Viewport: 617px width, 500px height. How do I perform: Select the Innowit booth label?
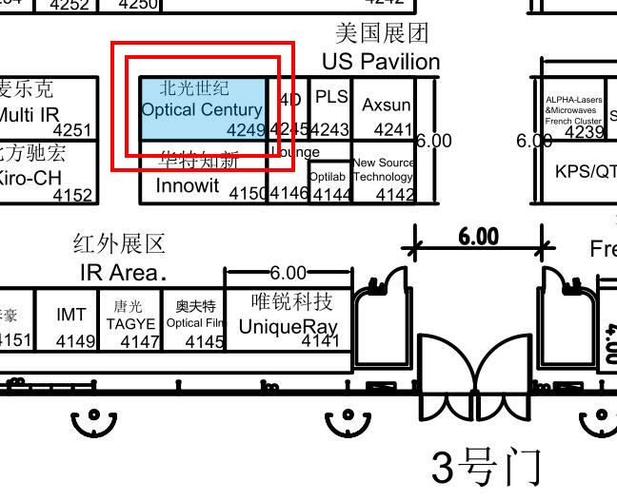[x=187, y=185]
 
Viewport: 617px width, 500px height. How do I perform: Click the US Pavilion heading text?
[x=381, y=62]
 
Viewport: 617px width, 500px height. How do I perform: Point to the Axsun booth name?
[x=387, y=105]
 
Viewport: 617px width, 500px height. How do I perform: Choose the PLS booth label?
[x=331, y=97]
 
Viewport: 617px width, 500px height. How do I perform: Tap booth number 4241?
[x=393, y=130]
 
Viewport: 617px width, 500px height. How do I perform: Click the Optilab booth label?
[x=328, y=177]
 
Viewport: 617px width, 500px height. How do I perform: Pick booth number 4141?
[x=320, y=339]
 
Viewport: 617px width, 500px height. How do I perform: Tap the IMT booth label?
[x=70, y=315]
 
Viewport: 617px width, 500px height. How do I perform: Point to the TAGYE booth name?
[x=130, y=323]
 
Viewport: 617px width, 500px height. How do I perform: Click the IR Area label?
[x=118, y=273]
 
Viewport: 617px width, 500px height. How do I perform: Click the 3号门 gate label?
[x=486, y=468]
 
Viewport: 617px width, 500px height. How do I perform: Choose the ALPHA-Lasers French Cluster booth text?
[x=573, y=109]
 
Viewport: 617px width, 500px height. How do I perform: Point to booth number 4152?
[x=72, y=196]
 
